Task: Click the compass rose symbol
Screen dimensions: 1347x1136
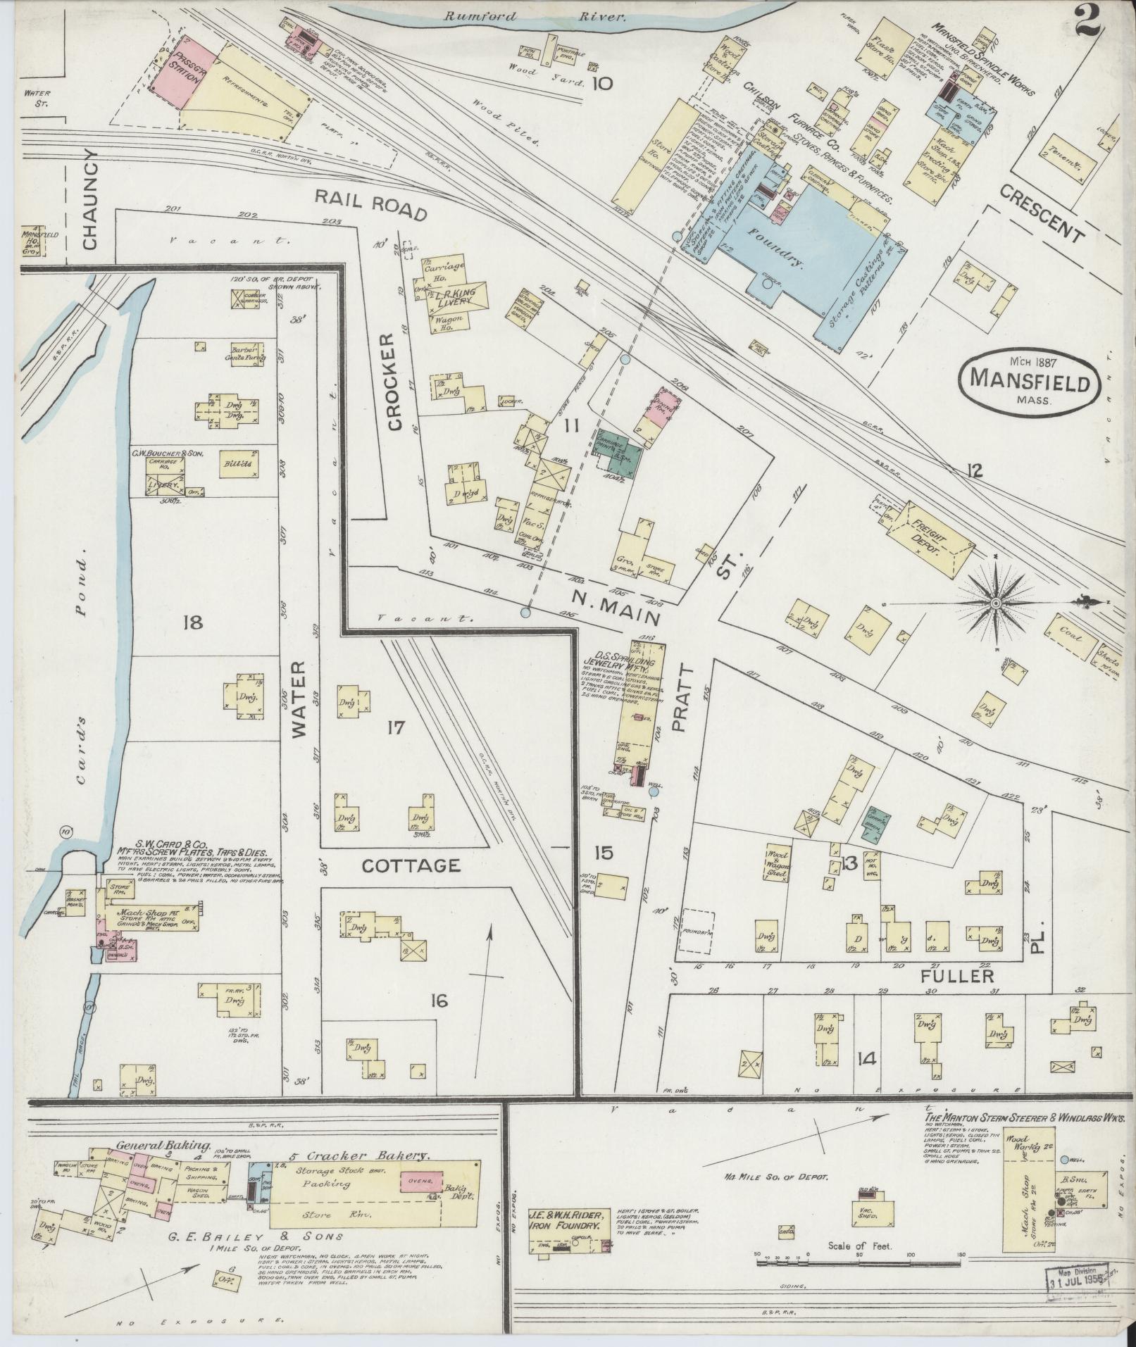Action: point(997,604)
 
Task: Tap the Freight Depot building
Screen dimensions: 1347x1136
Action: point(930,537)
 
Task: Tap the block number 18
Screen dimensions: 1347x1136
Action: point(192,622)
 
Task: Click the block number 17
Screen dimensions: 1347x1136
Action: point(396,727)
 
